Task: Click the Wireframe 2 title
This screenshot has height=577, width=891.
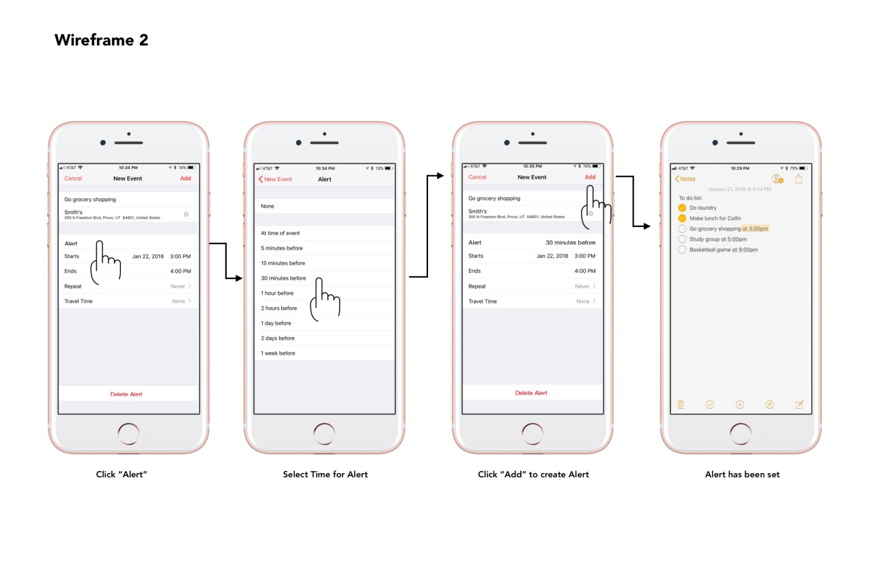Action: click(x=101, y=40)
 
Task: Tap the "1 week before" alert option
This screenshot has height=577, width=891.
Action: click(x=278, y=353)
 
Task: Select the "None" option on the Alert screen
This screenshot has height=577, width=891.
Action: click(x=268, y=206)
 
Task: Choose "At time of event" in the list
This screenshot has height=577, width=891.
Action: click(x=280, y=233)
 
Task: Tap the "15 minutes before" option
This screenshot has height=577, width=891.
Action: click(x=283, y=263)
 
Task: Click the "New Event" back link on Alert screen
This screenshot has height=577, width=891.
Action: click(x=275, y=179)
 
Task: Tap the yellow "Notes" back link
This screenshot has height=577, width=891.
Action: click(x=685, y=179)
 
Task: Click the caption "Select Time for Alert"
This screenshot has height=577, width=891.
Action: click(x=325, y=474)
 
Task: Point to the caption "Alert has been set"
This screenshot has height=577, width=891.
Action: click(x=742, y=474)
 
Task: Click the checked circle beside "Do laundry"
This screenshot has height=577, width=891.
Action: click(x=682, y=208)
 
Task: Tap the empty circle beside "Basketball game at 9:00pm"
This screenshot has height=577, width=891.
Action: click(x=682, y=250)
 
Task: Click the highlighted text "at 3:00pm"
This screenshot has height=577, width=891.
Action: click(x=755, y=229)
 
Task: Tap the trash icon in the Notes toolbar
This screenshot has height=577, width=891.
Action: click(x=681, y=405)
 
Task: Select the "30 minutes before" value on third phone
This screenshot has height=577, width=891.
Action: click(x=570, y=243)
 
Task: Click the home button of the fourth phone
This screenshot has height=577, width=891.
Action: click(x=741, y=434)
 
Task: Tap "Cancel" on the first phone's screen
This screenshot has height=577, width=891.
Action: click(x=73, y=178)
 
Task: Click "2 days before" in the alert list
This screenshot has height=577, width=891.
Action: click(x=278, y=338)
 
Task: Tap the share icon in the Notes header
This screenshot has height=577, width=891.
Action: click(x=799, y=179)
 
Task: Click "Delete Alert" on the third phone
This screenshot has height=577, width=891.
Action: click(x=531, y=393)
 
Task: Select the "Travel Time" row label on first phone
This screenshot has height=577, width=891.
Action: click(x=79, y=301)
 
